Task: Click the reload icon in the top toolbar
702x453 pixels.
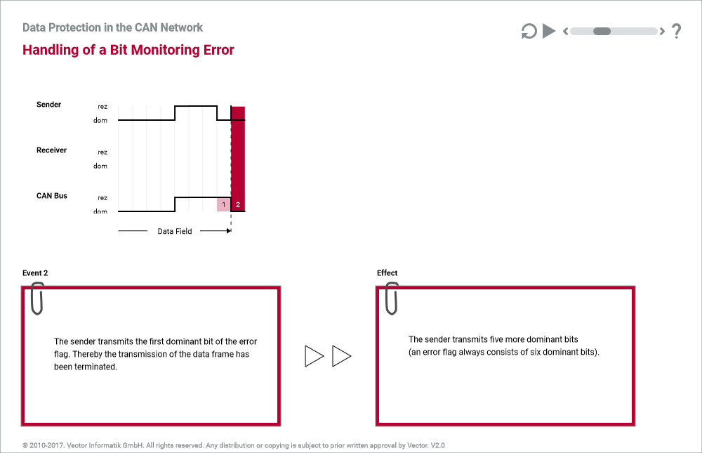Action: pyautogui.click(x=529, y=32)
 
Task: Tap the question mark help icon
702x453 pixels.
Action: pyautogui.click(x=677, y=31)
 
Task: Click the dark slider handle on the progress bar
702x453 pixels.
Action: pyautogui.click(x=602, y=31)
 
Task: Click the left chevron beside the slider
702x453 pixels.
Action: pyautogui.click(x=565, y=31)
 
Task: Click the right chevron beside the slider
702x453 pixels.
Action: pyautogui.click(x=662, y=31)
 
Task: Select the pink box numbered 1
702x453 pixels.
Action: pyautogui.click(x=224, y=204)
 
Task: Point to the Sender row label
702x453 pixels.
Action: pyautogui.click(x=49, y=105)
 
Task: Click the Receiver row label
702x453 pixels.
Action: pyautogui.click(x=51, y=150)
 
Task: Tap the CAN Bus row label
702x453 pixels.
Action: pyautogui.click(x=52, y=196)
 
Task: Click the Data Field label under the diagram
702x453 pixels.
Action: pyautogui.click(x=175, y=231)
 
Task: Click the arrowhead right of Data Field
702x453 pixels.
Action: pyautogui.click(x=229, y=231)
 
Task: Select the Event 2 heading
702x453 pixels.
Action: pyautogui.click(x=35, y=273)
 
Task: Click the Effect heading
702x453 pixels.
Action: pyautogui.click(x=388, y=273)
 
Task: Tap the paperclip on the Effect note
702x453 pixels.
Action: pyautogui.click(x=392, y=298)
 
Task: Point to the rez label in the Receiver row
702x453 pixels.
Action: pyautogui.click(x=102, y=152)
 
